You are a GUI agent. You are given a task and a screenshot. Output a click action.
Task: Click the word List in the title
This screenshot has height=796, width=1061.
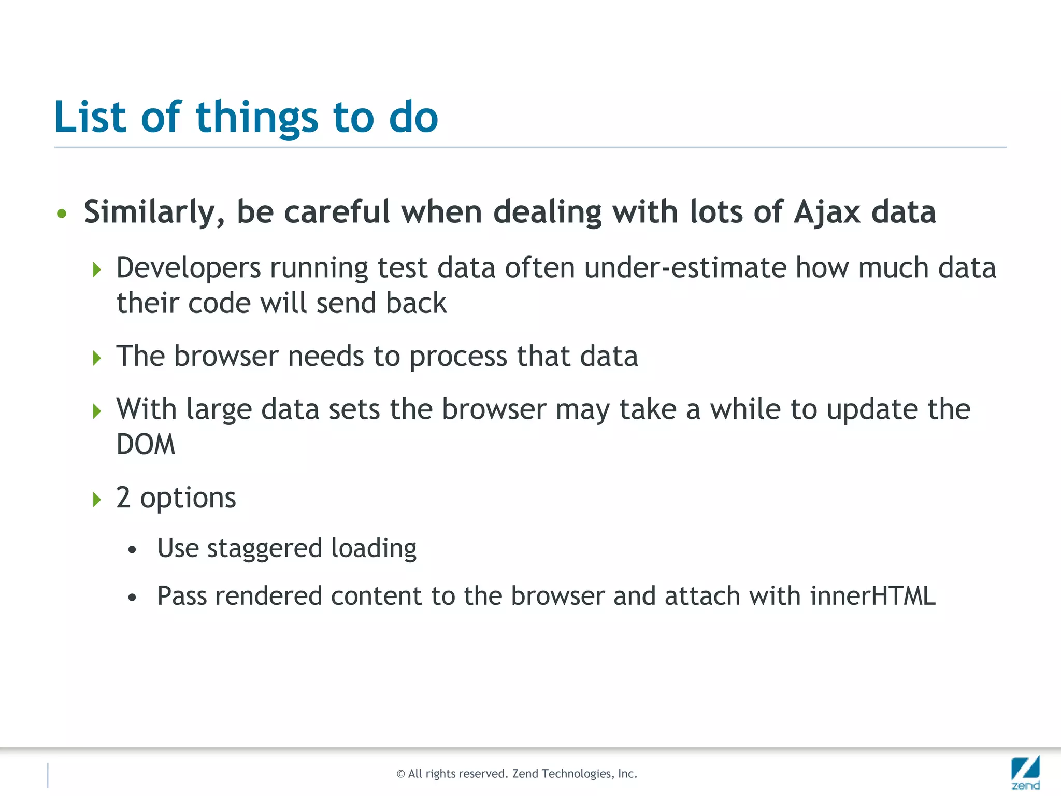(90, 117)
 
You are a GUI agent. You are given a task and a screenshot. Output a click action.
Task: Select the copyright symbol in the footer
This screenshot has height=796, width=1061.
(400, 774)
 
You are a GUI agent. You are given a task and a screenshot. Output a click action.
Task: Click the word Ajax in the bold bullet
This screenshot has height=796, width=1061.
(827, 212)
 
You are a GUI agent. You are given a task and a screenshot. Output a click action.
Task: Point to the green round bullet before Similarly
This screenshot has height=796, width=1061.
(62, 214)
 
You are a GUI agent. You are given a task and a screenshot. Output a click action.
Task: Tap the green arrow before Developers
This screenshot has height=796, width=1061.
(97, 269)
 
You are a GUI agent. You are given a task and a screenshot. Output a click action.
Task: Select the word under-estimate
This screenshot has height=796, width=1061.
(685, 268)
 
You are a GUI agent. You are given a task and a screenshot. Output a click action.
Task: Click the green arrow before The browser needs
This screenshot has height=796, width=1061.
(97, 358)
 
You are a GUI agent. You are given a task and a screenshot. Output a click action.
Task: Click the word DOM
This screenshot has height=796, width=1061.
(146, 445)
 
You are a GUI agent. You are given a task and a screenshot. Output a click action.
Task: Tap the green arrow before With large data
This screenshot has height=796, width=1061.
(97, 411)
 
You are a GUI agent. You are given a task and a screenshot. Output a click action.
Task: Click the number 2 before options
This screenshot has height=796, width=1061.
(123, 497)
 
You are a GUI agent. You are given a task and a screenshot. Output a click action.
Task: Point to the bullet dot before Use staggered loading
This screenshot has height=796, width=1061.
(133, 550)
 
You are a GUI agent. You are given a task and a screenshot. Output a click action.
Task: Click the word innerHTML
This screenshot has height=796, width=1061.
(873, 596)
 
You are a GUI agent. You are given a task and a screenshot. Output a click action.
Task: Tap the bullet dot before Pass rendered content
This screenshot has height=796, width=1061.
(133, 598)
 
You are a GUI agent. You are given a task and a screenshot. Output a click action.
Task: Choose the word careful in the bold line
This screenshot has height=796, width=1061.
(337, 212)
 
